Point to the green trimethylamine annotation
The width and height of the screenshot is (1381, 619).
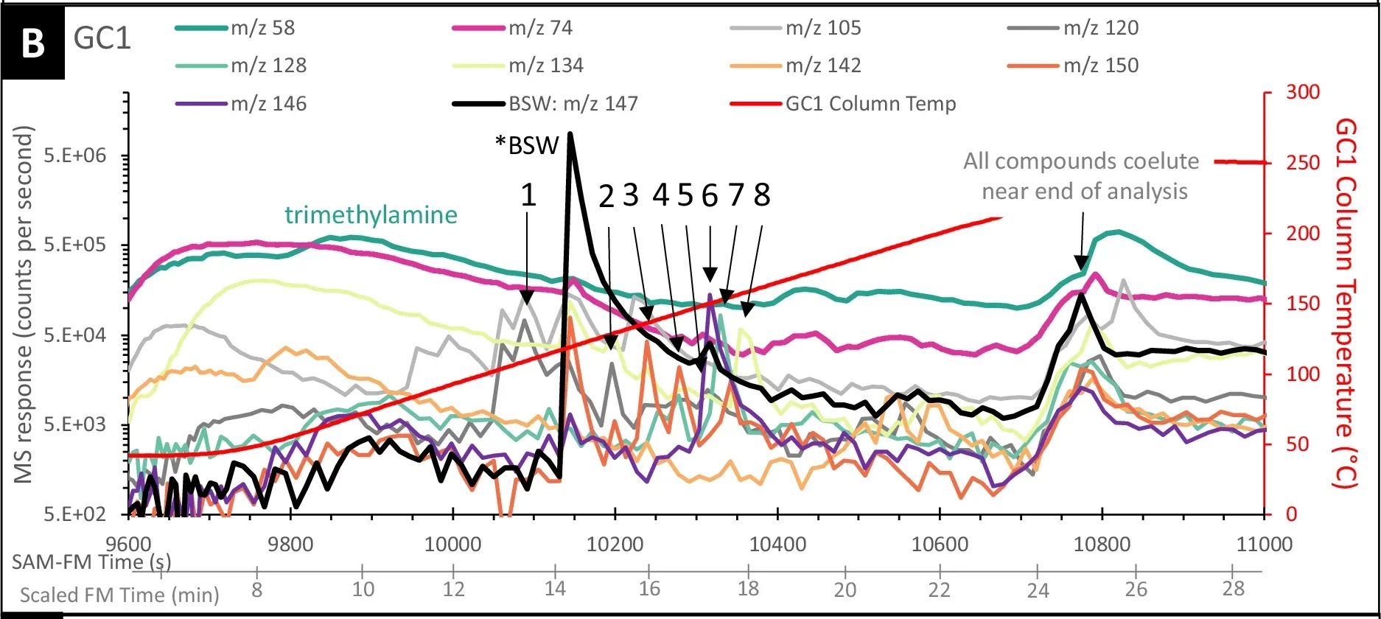click(371, 215)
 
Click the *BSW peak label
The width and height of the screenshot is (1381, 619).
click(528, 145)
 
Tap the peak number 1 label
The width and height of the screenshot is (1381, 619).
click(528, 195)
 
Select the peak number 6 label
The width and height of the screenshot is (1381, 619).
click(710, 195)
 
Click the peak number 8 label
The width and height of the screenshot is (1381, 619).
click(762, 195)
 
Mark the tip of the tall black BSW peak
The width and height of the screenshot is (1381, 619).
click(570, 135)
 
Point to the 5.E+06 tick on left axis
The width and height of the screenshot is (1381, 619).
click(74, 156)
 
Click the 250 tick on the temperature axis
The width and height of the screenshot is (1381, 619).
click(1303, 163)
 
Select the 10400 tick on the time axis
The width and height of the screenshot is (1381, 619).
click(777, 545)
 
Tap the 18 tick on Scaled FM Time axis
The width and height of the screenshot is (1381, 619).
click(748, 589)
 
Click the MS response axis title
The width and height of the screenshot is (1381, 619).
click(25, 304)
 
